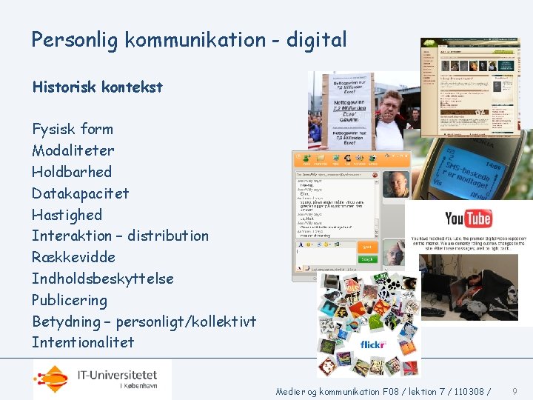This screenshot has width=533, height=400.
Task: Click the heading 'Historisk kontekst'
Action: [97, 87]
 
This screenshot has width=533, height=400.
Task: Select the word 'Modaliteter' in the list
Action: [73, 150]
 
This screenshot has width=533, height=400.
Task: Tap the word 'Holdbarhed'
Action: [71, 172]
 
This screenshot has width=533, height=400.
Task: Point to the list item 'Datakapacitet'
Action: [80, 193]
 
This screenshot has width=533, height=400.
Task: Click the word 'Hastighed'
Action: [67, 215]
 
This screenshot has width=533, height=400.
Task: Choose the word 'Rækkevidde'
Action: [73, 257]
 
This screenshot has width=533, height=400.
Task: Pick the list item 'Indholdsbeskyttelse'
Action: [102, 279]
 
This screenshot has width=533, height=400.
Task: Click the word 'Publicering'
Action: [69, 300]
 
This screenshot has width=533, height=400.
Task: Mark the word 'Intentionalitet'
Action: [83, 342]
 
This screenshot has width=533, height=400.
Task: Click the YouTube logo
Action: [468, 219]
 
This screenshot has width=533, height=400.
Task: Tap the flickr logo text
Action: [373, 344]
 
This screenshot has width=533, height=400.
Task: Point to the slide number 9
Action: [514, 390]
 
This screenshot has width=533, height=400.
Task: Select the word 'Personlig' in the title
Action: [75, 40]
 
